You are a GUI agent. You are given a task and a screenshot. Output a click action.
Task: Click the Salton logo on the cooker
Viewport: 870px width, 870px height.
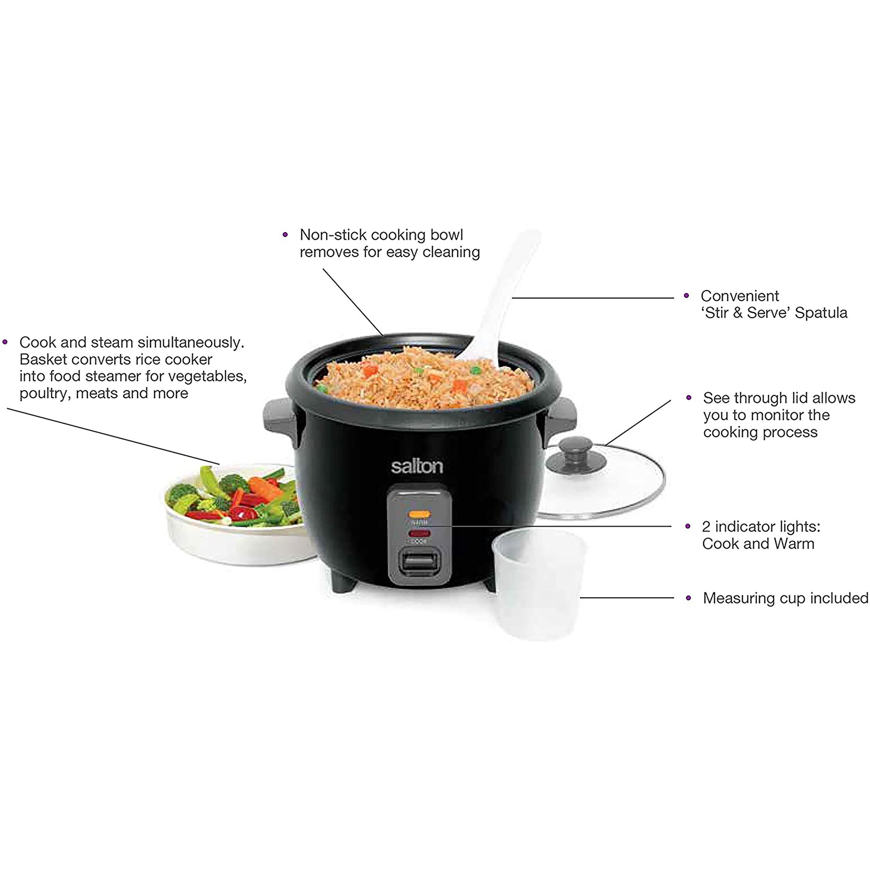point(417,467)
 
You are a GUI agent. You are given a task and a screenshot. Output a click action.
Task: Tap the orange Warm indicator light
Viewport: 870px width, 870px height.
point(420,514)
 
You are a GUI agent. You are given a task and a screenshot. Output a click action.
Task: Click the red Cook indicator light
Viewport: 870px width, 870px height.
point(420,533)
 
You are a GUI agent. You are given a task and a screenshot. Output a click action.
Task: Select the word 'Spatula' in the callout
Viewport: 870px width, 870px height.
point(821,313)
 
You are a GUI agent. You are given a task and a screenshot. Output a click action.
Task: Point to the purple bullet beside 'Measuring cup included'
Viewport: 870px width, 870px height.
point(688,598)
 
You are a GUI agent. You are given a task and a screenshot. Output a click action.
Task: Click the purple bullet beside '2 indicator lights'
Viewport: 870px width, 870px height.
point(688,527)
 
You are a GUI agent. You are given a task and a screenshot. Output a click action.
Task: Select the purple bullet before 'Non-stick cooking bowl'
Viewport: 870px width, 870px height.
point(285,235)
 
